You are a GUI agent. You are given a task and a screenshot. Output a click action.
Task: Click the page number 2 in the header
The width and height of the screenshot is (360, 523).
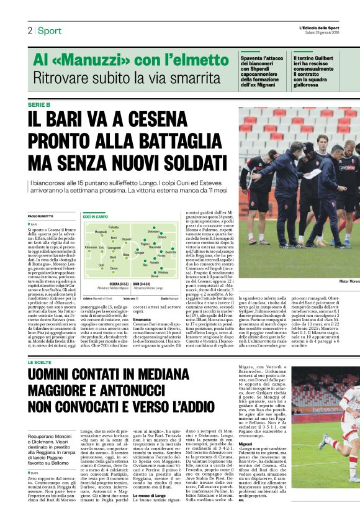pyautogui.click(x=29, y=30)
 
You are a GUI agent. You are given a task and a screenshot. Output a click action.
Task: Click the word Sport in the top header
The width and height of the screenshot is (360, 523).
pyautogui.click(x=49, y=30)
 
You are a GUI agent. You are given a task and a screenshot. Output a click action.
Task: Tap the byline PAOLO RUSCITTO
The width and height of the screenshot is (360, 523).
pyautogui.click(x=42, y=215)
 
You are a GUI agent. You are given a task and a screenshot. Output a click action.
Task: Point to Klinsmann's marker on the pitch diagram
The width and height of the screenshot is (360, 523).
pyautogui.click(x=90, y=248)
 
